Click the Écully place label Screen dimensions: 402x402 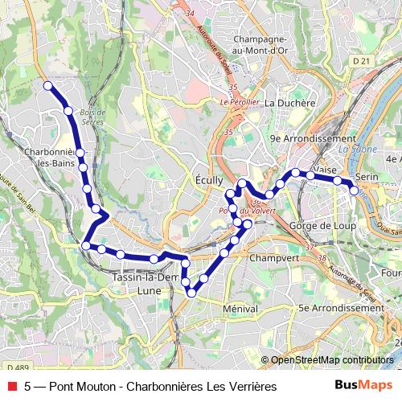pos(209,181)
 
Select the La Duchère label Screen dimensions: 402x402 pos(287,103)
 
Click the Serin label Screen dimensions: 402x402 pos(366,175)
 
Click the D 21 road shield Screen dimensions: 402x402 pos(359,60)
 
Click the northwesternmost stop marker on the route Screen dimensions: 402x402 pos(48,85)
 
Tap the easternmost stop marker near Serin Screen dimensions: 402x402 pos(354,191)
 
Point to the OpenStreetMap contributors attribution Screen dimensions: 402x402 pos(332,360)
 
